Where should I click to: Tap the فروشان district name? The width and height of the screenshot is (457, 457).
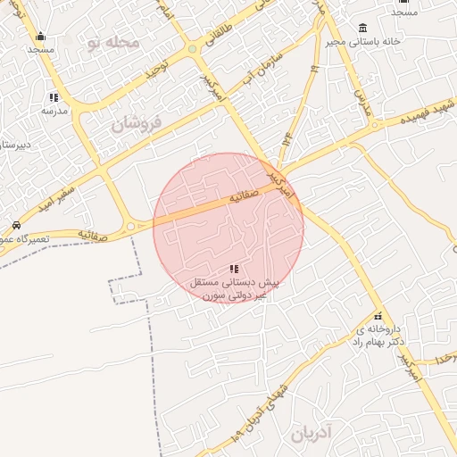pyautogui.click(x=138, y=123)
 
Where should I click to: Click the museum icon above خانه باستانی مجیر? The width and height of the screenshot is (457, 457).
pyautogui.click(x=362, y=28)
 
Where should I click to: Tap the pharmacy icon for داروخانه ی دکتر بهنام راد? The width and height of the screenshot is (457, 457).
pyautogui.click(x=378, y=316)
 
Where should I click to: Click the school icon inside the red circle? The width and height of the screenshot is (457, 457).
pyautogui.click(x=234, y=269)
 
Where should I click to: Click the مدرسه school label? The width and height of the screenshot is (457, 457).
pyautogui.click(x=54, y=111)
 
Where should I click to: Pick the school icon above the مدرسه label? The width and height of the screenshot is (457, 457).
pyautogui.click(x=54, y=97)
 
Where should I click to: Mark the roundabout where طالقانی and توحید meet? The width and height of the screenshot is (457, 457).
pyautogui.click(x=192, y=49)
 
